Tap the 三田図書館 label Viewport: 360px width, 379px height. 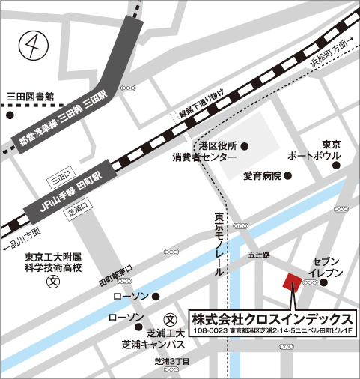(31, 97)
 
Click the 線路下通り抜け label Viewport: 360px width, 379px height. (201, 115)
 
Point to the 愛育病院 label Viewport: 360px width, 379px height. (262, 176)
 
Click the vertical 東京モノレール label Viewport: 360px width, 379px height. (219, 244)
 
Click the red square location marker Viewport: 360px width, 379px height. (292, 282)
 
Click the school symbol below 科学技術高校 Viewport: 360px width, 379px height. (52, 283)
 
